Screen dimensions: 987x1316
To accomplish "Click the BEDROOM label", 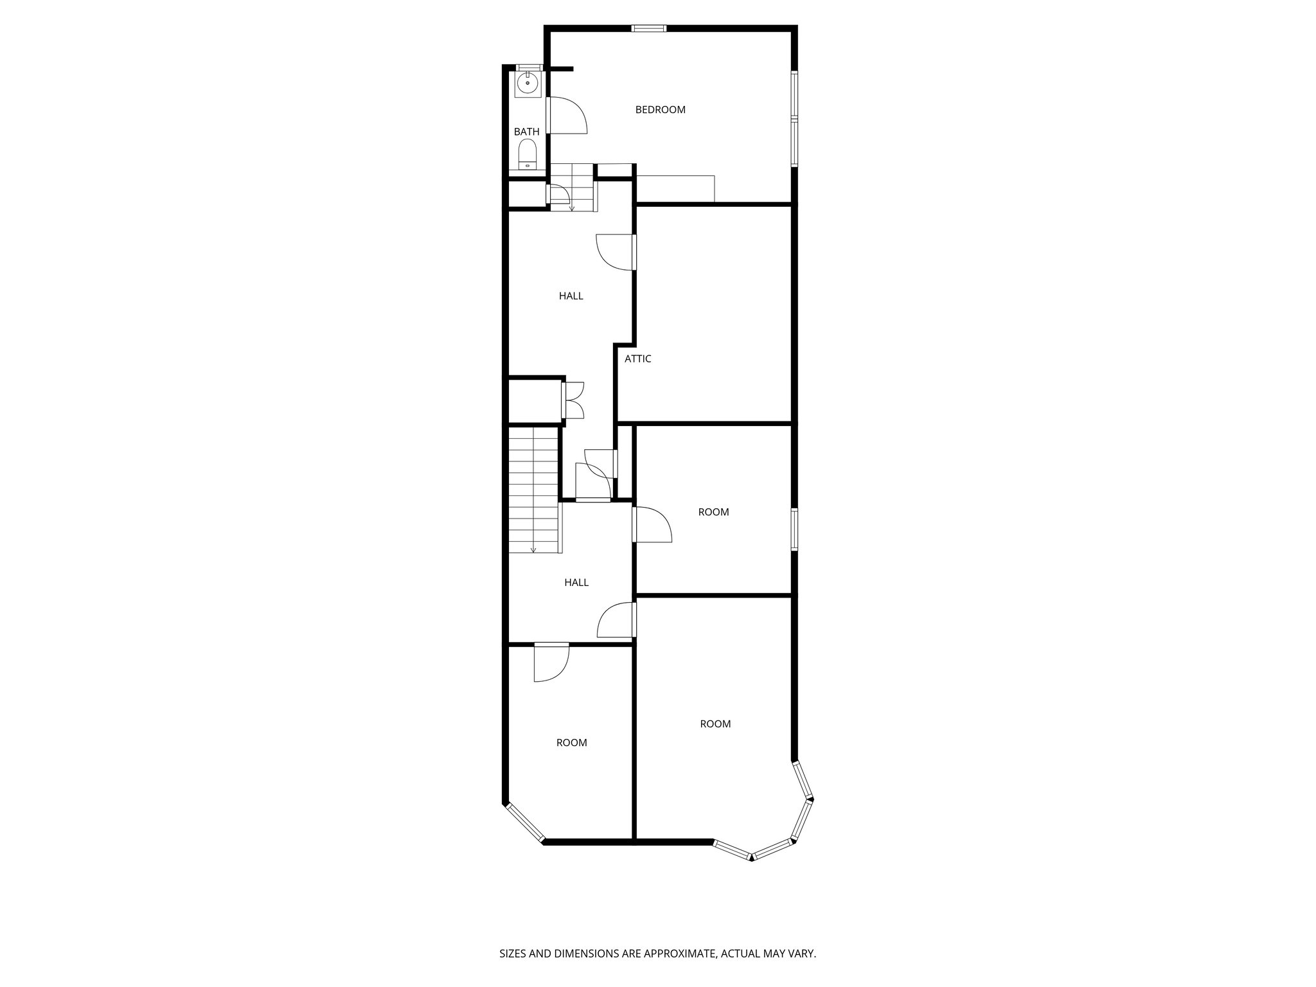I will [660, 110].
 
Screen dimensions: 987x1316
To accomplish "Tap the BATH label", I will [526, 132].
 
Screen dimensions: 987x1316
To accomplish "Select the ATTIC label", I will [637, 359].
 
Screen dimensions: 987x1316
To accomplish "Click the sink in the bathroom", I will [527, 84].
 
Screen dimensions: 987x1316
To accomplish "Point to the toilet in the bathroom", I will [527, 154].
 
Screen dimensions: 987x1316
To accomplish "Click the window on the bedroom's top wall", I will [648, 28].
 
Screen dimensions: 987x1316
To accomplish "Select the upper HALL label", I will [571, 296].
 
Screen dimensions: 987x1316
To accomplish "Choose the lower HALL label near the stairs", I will [576, 583].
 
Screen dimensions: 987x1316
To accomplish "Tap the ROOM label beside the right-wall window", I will [713, 512].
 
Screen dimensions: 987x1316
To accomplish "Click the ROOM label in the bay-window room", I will [715, 724].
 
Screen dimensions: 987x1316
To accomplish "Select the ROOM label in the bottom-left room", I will [571, 743].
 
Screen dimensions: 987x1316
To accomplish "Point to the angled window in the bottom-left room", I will [525, 822].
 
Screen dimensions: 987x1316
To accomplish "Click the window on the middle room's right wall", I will [794, 529].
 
